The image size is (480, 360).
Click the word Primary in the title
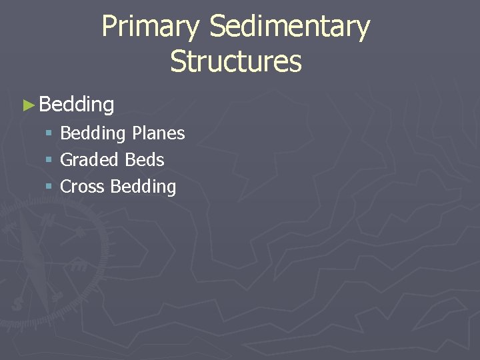point(150,28)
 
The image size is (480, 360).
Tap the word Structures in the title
point(235,61)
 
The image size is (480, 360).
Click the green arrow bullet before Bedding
point(28,105)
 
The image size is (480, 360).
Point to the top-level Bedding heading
point(77,105)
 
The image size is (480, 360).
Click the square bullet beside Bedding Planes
point(49,133)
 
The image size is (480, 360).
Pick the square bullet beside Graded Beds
point(49,160)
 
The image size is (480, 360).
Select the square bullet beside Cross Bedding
point(49,187)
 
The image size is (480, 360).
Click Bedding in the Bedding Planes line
point(93,134)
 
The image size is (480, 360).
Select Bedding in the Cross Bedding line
point(143,187)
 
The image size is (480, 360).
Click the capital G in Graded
point(66,160)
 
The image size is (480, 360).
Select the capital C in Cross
point(65,187)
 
